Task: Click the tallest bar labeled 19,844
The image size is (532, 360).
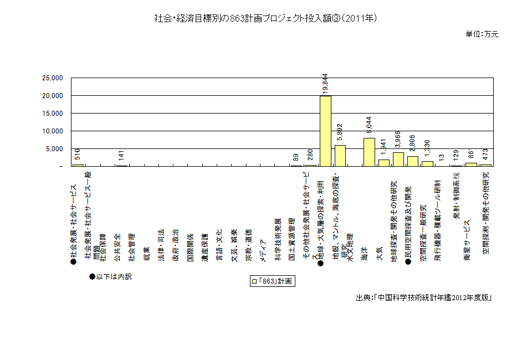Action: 325,131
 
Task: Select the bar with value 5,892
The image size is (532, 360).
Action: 340,156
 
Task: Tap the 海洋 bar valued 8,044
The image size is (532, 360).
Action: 369,152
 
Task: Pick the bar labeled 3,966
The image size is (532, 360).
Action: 398,159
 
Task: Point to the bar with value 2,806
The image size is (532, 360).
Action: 412,161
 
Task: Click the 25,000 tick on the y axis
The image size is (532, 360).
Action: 53,78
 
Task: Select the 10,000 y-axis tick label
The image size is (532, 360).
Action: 53,131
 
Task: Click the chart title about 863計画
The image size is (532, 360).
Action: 266,18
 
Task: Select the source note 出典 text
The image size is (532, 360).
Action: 424,297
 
